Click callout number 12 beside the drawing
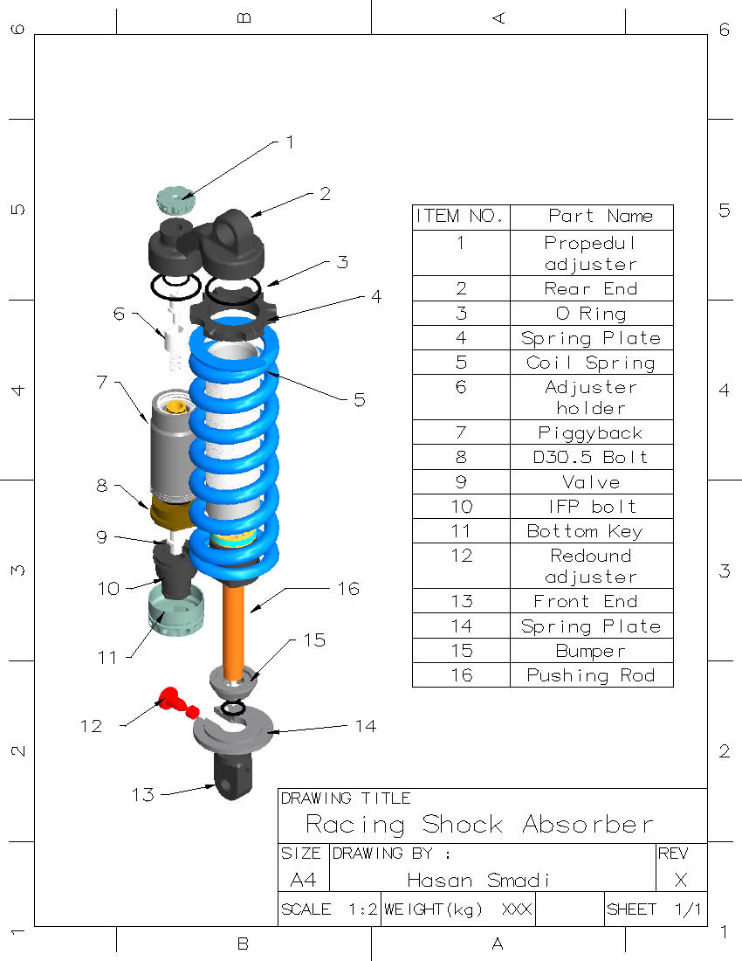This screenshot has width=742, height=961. pos(91,726)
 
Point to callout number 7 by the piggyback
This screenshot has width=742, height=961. pos(102,383)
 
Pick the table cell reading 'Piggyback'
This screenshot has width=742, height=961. pos(591,432)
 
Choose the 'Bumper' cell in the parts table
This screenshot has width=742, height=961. pos(591,651)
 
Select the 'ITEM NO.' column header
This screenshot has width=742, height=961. pos(460,216)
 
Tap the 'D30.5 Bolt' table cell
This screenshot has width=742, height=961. pos(591,457)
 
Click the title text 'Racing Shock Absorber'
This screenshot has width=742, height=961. pos(479,824)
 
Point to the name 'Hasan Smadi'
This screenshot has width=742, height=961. pos(479,880)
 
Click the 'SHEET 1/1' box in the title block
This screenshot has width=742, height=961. pos(654,909)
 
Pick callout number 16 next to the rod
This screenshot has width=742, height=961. pos(347,589)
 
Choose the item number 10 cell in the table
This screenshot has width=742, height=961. pos(460,507)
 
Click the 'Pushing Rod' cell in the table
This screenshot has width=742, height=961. pos(591,675)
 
